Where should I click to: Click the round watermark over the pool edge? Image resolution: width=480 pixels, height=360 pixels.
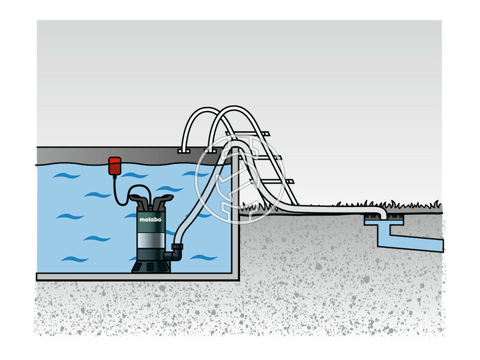coord(225,174)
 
